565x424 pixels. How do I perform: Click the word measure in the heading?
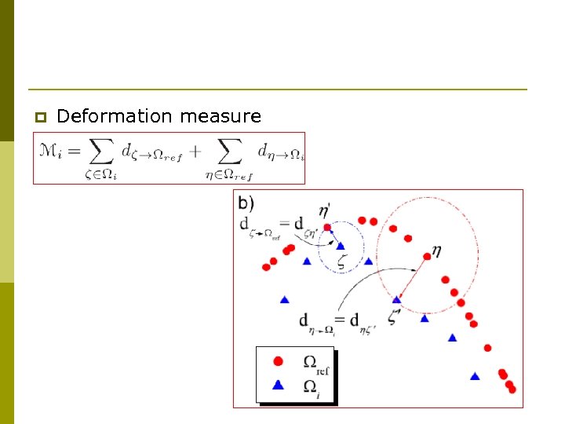pos(221,117)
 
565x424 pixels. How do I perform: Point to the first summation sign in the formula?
pos(99,152)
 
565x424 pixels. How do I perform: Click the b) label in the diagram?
pos(246,203)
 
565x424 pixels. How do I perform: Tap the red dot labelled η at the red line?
pos(427,256)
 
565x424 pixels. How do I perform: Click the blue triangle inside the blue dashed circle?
pos(341,247)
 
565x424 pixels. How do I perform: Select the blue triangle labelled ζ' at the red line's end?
pos(397,299)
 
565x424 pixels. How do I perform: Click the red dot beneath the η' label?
pos(327,228)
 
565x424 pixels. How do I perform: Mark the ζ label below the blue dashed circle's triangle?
pos(341,264)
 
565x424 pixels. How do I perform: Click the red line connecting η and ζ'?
pos(412,277)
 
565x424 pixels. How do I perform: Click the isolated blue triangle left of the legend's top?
pos(284,299)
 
